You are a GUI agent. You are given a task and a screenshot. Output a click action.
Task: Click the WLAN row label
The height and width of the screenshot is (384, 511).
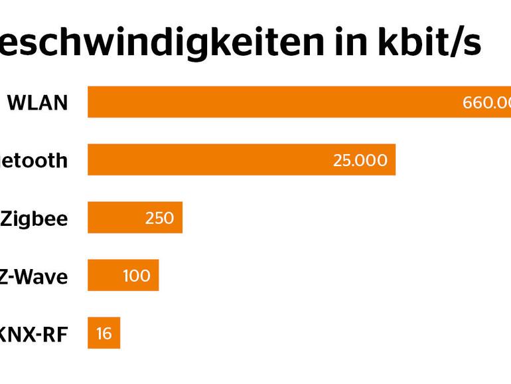[x=37, y=103]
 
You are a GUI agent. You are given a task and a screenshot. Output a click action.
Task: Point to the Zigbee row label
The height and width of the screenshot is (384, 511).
[x=34, y=219]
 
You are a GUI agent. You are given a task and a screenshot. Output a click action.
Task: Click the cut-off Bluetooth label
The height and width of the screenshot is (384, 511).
[x=33, y=161]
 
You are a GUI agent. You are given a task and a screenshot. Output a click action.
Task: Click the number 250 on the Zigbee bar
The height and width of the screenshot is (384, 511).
[x=159, y=218]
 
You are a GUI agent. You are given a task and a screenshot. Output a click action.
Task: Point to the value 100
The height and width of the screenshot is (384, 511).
[x=136, y=276]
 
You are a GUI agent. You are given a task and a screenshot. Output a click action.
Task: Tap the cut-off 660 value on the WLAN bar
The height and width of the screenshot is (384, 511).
[x=486, y=102]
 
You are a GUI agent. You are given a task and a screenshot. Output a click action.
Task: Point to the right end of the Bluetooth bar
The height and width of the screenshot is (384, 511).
[x=394, y=160]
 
